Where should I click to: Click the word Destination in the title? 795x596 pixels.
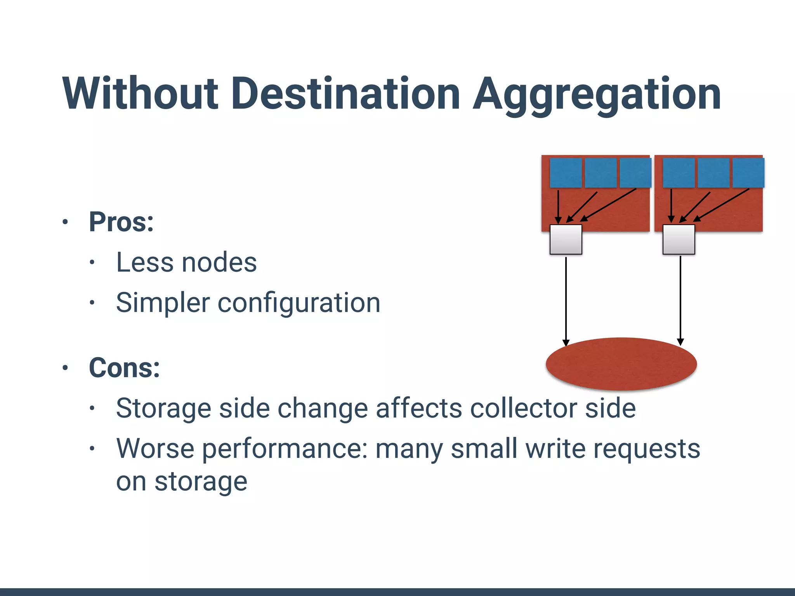pos(346,94)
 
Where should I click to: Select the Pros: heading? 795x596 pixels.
pos(121,222)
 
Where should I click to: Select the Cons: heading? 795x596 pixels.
pos(124,367)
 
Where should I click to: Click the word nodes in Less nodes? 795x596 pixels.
pos(219,263)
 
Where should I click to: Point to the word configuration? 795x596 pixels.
pos(299,303)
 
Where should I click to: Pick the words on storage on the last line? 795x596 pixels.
pos(182,482)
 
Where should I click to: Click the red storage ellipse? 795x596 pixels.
pos(621,364)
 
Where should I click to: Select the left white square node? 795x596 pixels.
pos(566,239)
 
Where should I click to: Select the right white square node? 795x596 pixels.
pos(679,239)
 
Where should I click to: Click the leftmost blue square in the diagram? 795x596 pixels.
pos(566,173)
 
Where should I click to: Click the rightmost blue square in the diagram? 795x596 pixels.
pos(748,173)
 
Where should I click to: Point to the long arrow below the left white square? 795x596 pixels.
pos(566,299)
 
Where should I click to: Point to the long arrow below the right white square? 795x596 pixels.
pos(680,299)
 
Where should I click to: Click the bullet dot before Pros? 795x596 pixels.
pos(65,222)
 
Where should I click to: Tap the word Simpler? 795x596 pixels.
pos(163,303)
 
